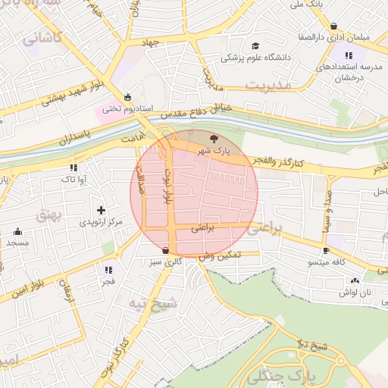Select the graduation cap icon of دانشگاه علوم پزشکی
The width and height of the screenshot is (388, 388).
pyautogui.click(x=254, y=45)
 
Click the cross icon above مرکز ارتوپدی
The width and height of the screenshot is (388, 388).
pyautogui.click(x=101, y=210)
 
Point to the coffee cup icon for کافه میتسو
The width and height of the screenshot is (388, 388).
pyautogui.click(x=326, y=250)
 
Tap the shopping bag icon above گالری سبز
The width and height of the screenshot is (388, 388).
pyautogui.click(x=166, y=249)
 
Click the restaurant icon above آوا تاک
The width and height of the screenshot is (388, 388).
pyautogui.click(x=73, y=167)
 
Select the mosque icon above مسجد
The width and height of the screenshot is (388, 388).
pyautogui.click(x=18, y=232)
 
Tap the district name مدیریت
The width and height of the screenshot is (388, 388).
pyautogui.click(x=274, y=86)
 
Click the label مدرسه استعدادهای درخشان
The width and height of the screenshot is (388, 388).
pyautogui.click(x=349, y=73)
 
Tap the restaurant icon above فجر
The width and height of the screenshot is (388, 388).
pyautogui.click(x=108, y=270)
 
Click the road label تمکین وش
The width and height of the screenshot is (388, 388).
pyautogui.click(x=221, y=257)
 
